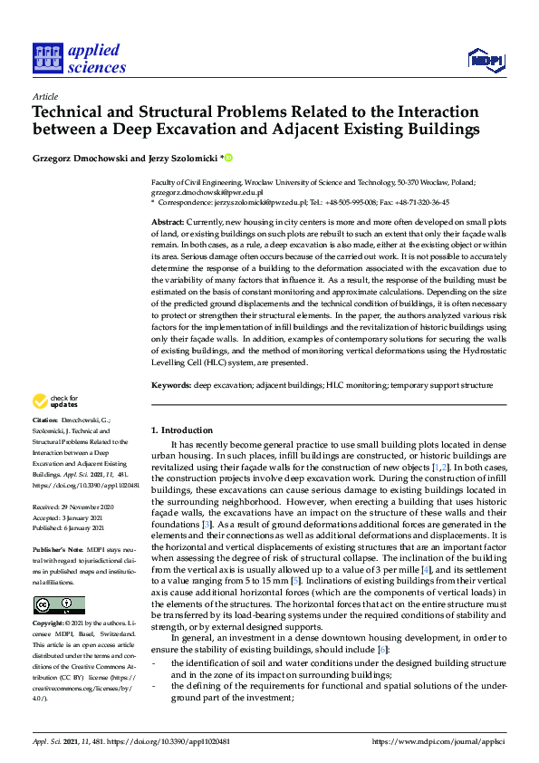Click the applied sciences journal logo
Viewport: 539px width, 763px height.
pyautogui.click(x=79, y=57)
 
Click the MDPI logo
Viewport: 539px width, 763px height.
pyautogui.click(x=485, y=60)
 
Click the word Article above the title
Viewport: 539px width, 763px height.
pyautogui.click(x=44, y=96)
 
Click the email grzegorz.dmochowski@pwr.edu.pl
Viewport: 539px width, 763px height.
pyautogui.click(x=207, y=192)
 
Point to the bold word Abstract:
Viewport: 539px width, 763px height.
pyautogui.click(x=168, y=222)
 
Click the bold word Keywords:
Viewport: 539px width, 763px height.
pyautogui.click(x=170, y=386)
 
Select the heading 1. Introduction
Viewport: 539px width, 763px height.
pyautogui.click(x=181, y=430)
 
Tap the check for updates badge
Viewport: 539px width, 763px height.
pyautogui.click(x=55, y=401)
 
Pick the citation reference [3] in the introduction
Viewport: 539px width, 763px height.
pyautogui.click(x=207, y=523)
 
